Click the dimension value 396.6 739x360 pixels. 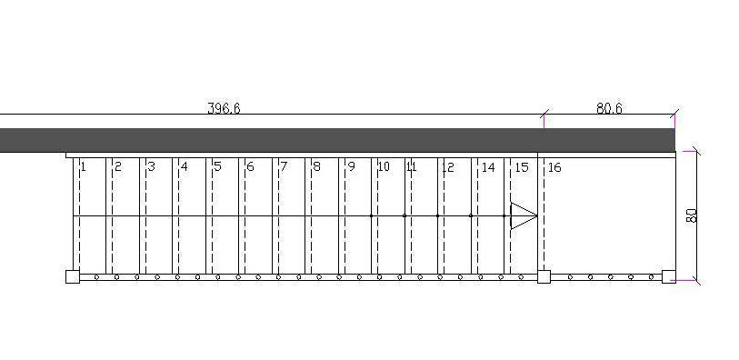[224, 109]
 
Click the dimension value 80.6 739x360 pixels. [609, 109]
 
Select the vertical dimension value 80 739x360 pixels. [692, 215]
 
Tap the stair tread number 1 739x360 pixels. [83, 166]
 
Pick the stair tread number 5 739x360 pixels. [217, 166]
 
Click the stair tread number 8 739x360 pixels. [316, 166]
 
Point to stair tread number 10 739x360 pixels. [384, 166]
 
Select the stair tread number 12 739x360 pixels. [448, 166]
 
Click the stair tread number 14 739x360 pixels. [488, 167]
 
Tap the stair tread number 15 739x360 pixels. [522, 167]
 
